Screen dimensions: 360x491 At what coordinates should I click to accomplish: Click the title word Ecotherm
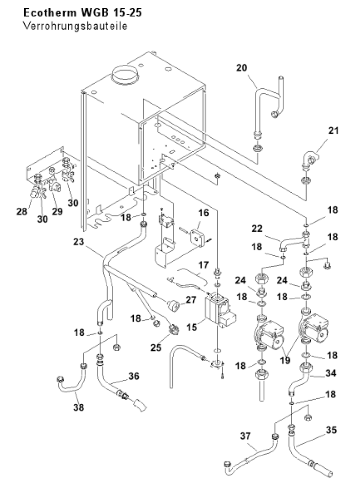click(51, 13)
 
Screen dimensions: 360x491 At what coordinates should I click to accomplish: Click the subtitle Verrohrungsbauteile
click(75, 26)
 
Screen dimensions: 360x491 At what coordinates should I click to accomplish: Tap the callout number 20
click(242, 68)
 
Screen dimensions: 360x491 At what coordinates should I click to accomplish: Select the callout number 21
click(333, 130)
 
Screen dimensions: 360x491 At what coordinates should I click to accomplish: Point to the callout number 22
click(257, 229)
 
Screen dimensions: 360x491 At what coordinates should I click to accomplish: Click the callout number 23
click(79, 242)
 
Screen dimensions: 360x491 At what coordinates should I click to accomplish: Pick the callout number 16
click(203, 213)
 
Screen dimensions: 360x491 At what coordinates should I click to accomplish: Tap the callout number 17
click(203, 265)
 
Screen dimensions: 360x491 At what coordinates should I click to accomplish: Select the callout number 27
click(191, 300)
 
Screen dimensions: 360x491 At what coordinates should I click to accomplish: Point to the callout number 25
click(156, 347)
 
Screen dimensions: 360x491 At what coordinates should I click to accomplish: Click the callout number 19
click(285, 360)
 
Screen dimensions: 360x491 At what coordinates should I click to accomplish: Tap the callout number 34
click(331, 373)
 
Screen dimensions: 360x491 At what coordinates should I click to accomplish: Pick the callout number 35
click(331, 430)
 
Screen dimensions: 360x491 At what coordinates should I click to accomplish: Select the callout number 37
click(246, 435)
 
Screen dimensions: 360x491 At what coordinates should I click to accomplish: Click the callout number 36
click(134, 376)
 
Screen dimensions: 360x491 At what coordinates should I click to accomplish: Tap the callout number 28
click(22, 212)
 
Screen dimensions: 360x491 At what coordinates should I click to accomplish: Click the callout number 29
click(58, 211)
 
